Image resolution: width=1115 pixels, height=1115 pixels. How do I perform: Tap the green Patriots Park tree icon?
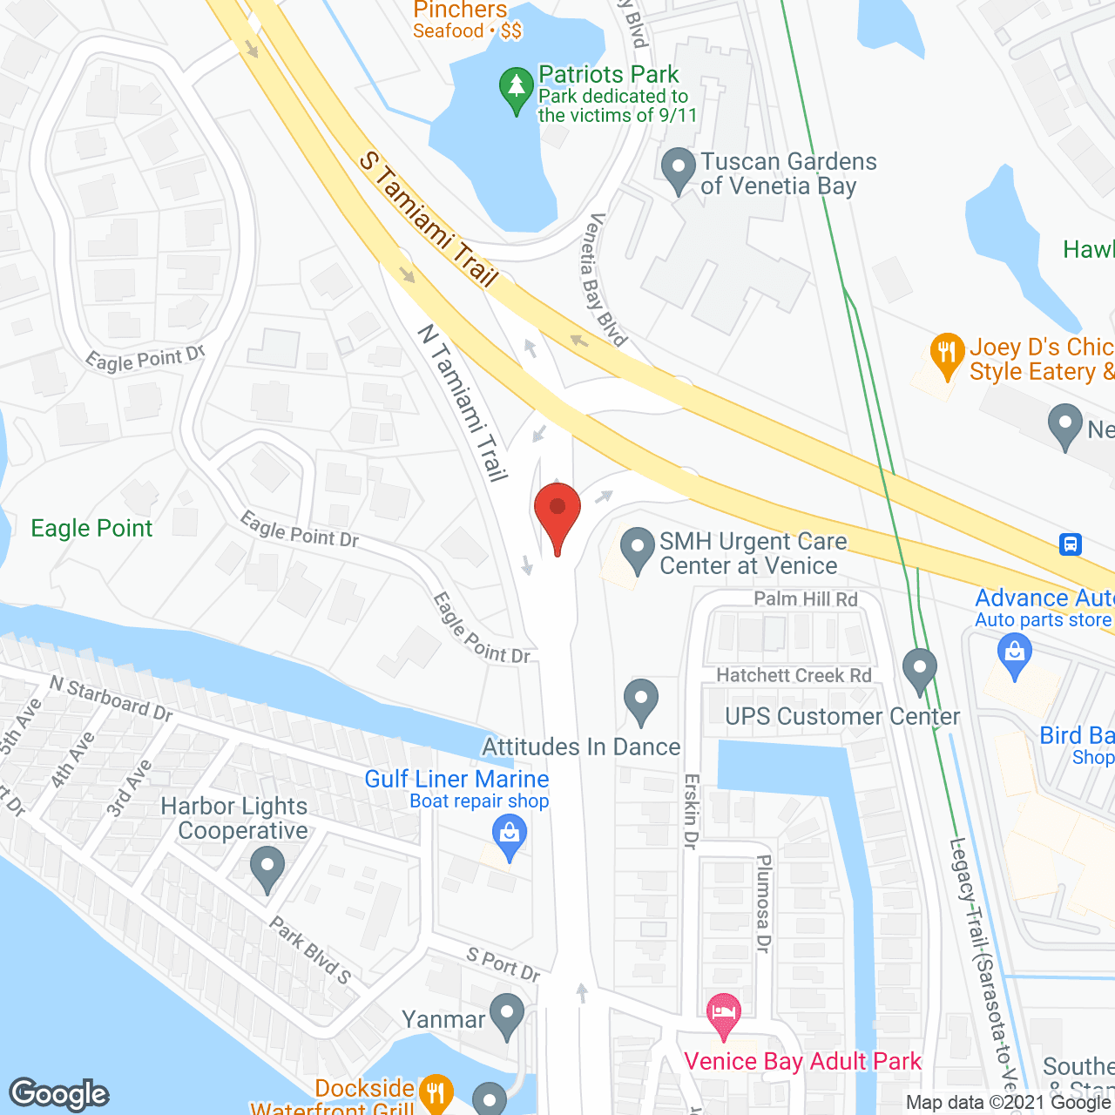click(517, 90)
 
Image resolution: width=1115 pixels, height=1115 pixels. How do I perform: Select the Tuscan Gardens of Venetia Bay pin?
click(679, 170)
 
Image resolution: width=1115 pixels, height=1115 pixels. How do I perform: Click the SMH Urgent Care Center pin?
click(638, 550)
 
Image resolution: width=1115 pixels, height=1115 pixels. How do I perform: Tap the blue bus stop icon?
click(1070, 544)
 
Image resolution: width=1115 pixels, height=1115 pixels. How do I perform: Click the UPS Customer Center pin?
click(919, 670)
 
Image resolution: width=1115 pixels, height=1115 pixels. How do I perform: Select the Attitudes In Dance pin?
click(641, 701)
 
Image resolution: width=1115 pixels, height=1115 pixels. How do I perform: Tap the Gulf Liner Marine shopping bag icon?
click(510, 837)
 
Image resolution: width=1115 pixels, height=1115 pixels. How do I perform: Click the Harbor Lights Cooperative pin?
click(267, 869)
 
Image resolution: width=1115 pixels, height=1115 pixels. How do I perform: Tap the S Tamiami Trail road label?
click(429, 220)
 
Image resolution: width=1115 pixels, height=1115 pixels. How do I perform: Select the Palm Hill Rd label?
click(806, 598)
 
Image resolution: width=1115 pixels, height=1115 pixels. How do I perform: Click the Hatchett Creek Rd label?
click(794, 675)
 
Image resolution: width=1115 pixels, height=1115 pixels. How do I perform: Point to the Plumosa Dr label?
click(764, 903)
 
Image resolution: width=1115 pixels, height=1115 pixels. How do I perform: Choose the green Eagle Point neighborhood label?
click(91, 529)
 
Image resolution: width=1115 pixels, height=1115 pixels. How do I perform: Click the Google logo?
click(59, 1094)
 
